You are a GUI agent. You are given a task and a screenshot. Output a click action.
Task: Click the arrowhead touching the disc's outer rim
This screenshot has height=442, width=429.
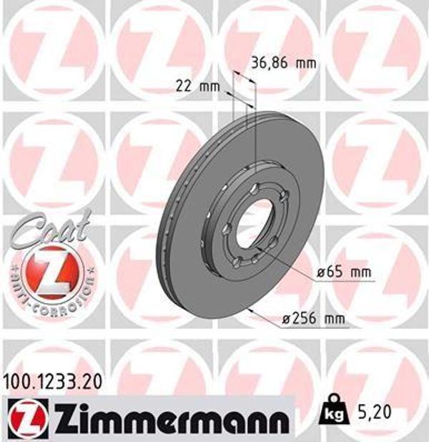point(251,310)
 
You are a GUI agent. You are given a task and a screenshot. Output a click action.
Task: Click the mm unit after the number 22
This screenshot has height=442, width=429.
point(209,87)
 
